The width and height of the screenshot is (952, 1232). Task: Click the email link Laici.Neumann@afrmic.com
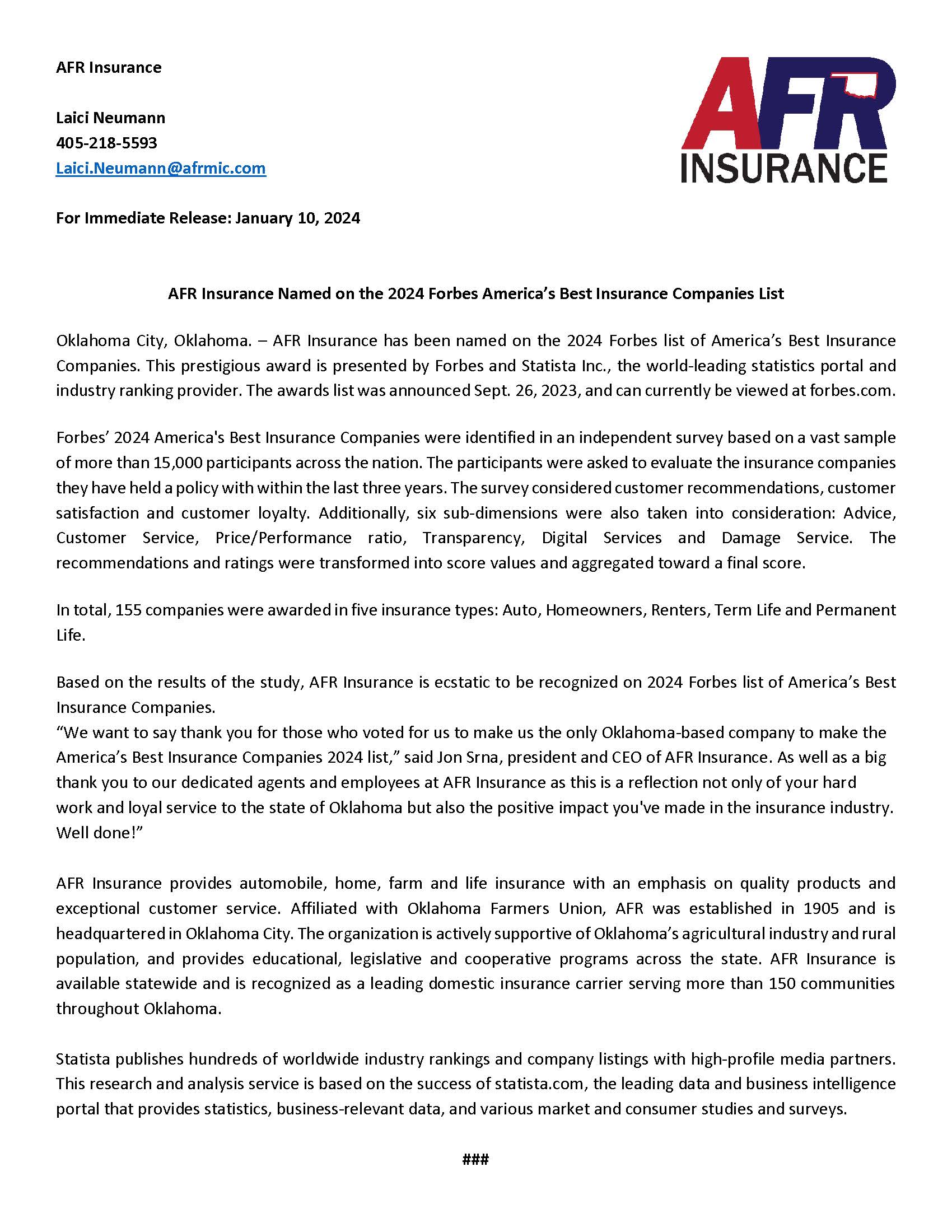(161, 168)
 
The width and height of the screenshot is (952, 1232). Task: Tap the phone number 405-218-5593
(106, 143)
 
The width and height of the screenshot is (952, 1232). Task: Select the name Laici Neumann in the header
(110, 118)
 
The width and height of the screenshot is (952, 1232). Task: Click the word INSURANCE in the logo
(784, 168)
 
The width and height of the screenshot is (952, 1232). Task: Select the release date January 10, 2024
(297, 218)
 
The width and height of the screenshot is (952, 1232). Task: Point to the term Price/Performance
(283, 538)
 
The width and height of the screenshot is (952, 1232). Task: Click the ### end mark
(475, 1159)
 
